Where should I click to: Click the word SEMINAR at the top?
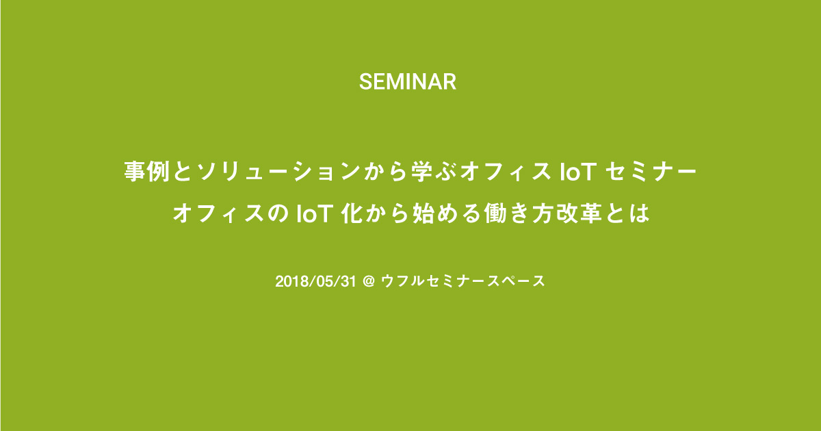tap(408, 81)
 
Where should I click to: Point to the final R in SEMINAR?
tap(449, 81)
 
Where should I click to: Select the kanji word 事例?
tap(147, 171)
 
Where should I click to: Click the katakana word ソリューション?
tap(278, 171)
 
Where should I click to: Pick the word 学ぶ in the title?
tap(434, 171)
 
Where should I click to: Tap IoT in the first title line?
tap(577, 172)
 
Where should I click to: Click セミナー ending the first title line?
tap(651, 172)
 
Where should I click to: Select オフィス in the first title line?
tap(506, 172)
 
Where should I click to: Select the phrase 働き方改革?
tap(543, 213)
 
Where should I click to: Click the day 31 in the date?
tap(348, 281)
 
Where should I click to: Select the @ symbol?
tap(369, 282)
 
